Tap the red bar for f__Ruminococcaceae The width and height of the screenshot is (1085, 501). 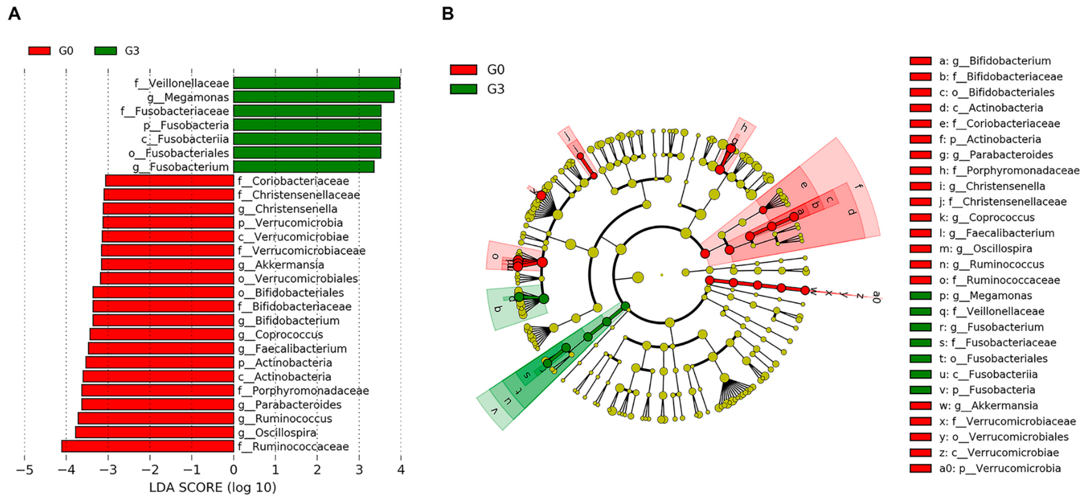point(147,446)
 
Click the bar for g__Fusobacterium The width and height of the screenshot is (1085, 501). point(303,167)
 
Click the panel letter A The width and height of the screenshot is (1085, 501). point(14,14)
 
